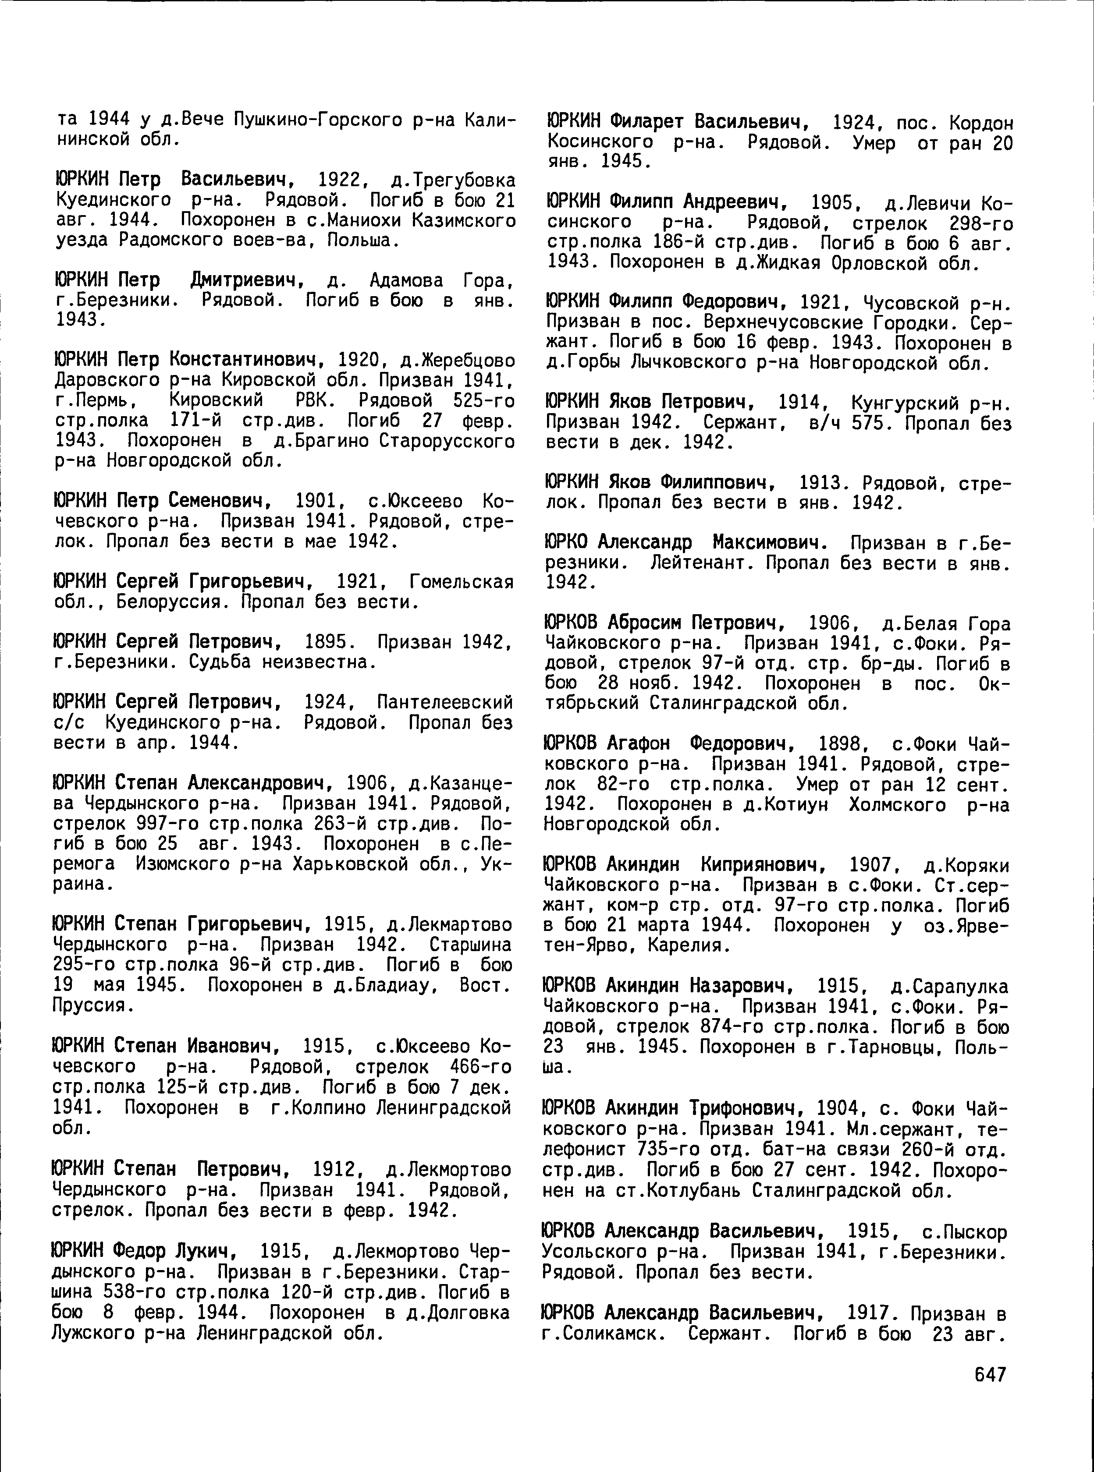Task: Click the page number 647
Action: (990, 1374)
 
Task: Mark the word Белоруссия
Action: (171, 602)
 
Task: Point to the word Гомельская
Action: (462, 582)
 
